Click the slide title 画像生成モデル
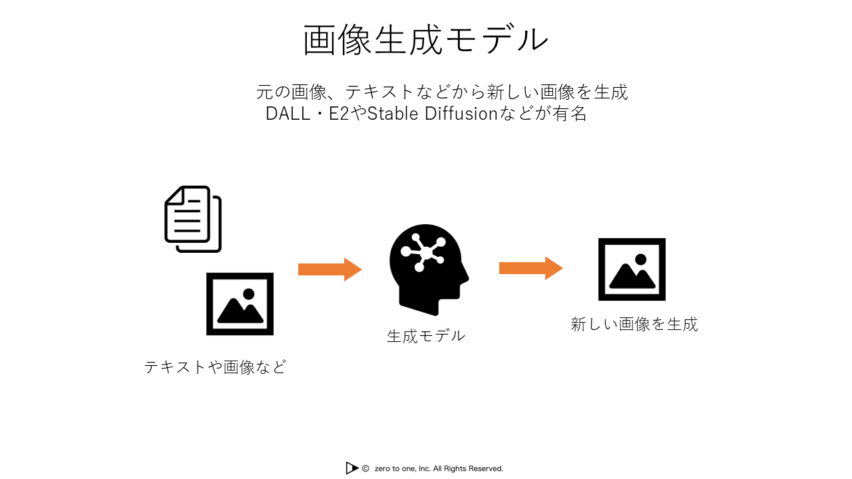pos(426,40)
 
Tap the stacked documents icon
pos(193,219)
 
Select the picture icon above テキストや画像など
pos(240,304)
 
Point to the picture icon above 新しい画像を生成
pos(632,269)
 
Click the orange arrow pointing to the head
pos(329,269)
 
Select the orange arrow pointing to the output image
pos(531,268)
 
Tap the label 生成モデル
pos(426,336)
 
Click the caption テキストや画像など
pos(215,367)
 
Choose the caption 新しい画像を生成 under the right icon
pos(634,324)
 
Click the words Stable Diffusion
pos(433,114)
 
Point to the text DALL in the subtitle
pos(286,114)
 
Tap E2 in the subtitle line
pos(339,114)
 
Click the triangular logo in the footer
pos(352,468)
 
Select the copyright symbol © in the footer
pos(365,468)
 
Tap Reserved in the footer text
pos(485,468)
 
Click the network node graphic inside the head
pos(421,251)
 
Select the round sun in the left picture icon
pos(249,293)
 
